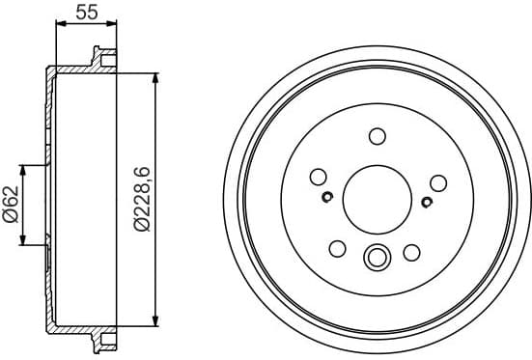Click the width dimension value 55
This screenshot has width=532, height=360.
point(86,13)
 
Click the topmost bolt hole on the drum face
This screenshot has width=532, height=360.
point(378,136)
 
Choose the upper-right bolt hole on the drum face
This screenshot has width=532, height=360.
point(438,182)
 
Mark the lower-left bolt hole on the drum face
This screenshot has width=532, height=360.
point(337,250)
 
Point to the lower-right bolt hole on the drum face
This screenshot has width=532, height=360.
point(412,252)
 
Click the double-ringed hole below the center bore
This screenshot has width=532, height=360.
point(376,258)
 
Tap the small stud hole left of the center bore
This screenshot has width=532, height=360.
point(327,199)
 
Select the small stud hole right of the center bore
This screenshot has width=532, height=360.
point(427,201)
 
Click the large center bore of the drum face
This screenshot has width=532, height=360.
point(377,199)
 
